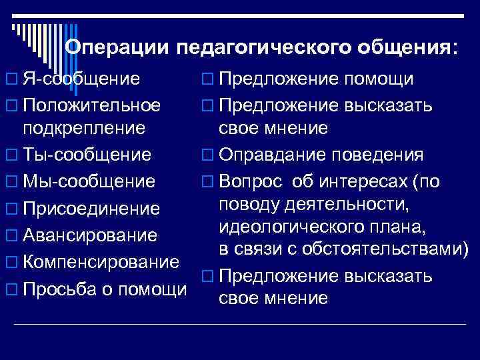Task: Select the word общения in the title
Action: point(403,48)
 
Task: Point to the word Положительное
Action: point(92,105)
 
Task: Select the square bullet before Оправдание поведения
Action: point(205,156)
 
